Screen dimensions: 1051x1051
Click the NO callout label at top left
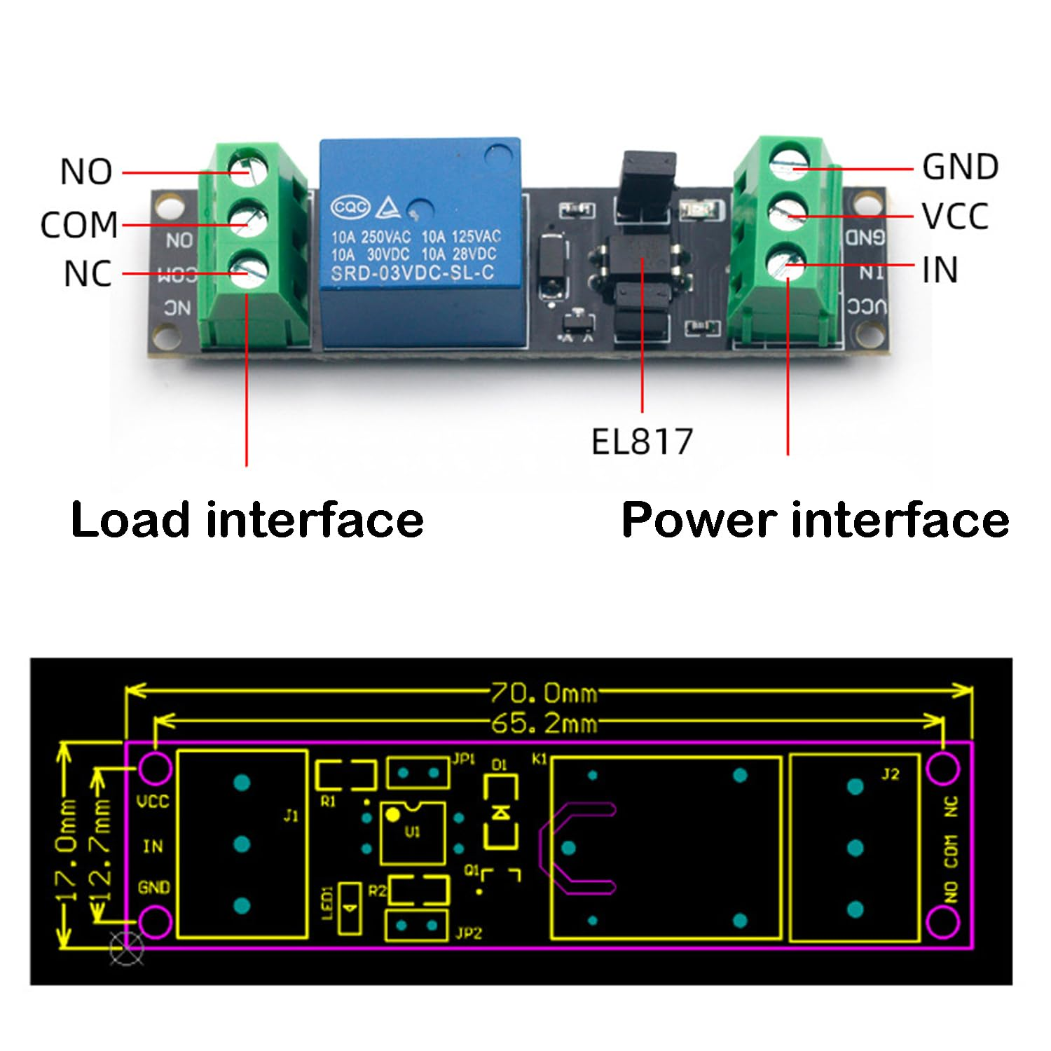(x=86, y=172)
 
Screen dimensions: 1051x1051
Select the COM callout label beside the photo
(x=79, y=225)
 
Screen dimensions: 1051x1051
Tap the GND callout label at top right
(x=960, y=167)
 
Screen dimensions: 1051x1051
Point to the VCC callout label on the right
(x=955, y=217)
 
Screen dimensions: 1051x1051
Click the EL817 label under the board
(x=642, y=442)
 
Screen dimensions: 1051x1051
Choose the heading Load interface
(x=247, y=520)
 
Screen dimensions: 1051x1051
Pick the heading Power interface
(x=815, y=520)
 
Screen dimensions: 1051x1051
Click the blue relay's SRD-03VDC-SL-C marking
(x=412, y=273)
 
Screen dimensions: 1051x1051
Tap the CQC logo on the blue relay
(x=350, y=207)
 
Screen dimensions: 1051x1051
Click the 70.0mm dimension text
(x=544, y=693)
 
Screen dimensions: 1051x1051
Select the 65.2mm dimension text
(x=544, y=722)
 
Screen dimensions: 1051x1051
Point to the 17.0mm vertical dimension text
(x=69, y=848)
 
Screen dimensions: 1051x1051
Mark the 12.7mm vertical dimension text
(x=102, y=848)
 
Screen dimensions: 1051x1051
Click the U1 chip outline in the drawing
(x=413, y=833)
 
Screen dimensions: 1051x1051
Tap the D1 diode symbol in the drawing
(x=500, y=812)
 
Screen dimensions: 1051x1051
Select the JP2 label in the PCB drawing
(x=468, y=933)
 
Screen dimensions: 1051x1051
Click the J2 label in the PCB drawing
(x=890, y=774)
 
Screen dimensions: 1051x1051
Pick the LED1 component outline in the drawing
(x=350, y=908)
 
